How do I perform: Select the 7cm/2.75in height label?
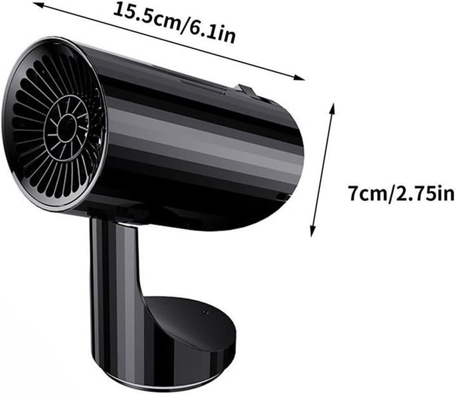pyautogui.click(x=401, y=194)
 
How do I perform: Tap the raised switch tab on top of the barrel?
pyautogui.click(x=245, y=89)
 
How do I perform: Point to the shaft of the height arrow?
pyautogui.click(x=323, y=168)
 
